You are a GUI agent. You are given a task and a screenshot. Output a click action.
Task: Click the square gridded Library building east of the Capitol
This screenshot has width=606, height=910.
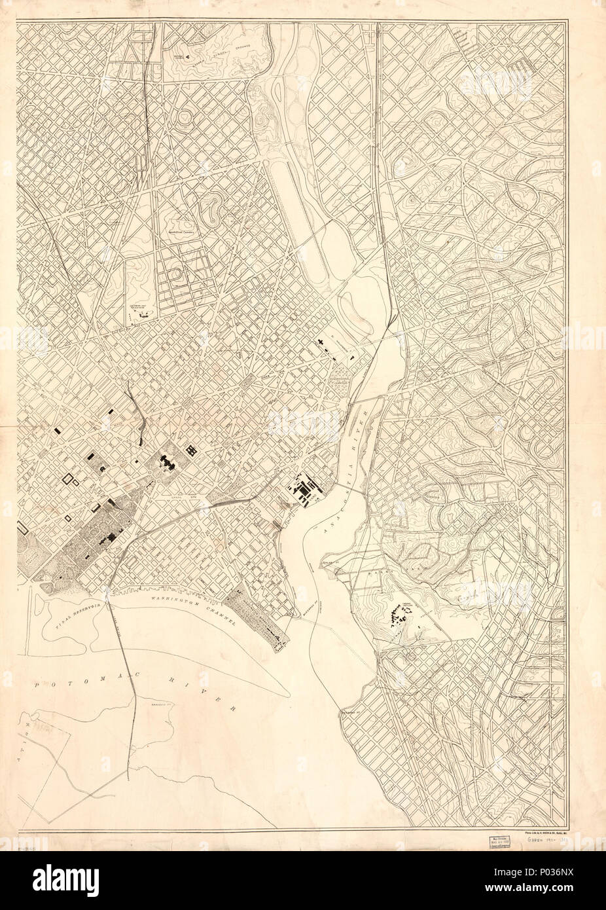point(193,450)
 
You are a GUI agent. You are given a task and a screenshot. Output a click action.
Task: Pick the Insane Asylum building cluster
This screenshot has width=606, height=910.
point(401,614)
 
